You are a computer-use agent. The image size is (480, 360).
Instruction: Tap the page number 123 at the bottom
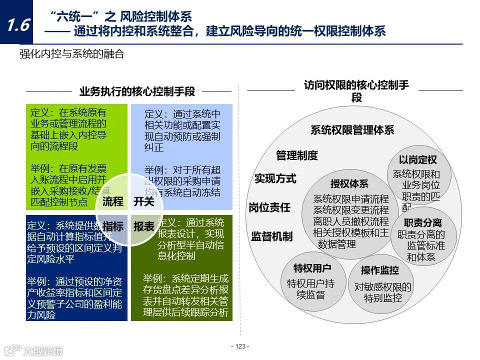240,346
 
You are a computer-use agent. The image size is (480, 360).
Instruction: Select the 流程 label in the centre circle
112,201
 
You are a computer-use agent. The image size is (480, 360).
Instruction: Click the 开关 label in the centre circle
144,201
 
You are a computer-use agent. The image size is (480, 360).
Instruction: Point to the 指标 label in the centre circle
112,226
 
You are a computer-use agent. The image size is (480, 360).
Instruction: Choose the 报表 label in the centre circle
144,226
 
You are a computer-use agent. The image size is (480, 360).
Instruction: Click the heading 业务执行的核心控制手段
137,91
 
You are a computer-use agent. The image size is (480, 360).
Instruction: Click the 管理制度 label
297,155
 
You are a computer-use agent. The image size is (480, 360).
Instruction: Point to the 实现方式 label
275,178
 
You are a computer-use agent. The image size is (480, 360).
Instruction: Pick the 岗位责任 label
269,207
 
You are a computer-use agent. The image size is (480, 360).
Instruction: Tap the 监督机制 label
272,236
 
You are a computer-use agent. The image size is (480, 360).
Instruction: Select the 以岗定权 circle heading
418,160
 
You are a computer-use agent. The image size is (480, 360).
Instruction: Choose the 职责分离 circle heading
423,223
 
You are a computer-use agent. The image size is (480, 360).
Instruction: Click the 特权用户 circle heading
312,268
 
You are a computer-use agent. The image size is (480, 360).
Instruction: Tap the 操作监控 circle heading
380,270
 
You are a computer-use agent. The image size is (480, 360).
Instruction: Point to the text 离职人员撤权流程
351,221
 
